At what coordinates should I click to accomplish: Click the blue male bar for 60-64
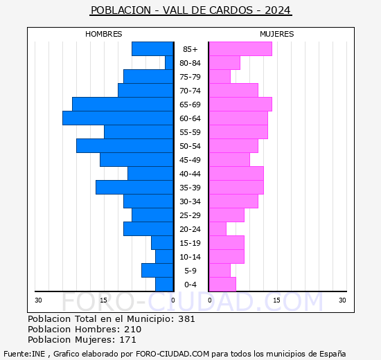coord(118,118)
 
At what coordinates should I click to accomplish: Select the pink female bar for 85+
coord(240,49)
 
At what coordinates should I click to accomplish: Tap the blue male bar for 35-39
coord(134,188)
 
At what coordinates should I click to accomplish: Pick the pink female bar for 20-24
coord(218,229)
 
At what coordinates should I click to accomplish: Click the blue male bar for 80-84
coord(169,63)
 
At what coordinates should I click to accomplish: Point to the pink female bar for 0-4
coord(222,285)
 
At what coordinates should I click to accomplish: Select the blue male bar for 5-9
coord(157,271)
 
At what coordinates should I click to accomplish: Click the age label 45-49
coord(190,160)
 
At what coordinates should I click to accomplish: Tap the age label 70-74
coord(190,91)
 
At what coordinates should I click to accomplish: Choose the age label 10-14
coord(190,257)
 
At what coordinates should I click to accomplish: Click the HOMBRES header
coord(104,34)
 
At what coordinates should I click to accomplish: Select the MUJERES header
coord(277,34)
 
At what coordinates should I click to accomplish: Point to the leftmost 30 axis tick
coord(39,300)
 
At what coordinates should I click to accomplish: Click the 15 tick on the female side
coord(276,300)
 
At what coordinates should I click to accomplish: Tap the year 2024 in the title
coord(277,10)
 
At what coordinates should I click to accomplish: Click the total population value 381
coord(186,319)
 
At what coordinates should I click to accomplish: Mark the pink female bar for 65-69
coord(240,105)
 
